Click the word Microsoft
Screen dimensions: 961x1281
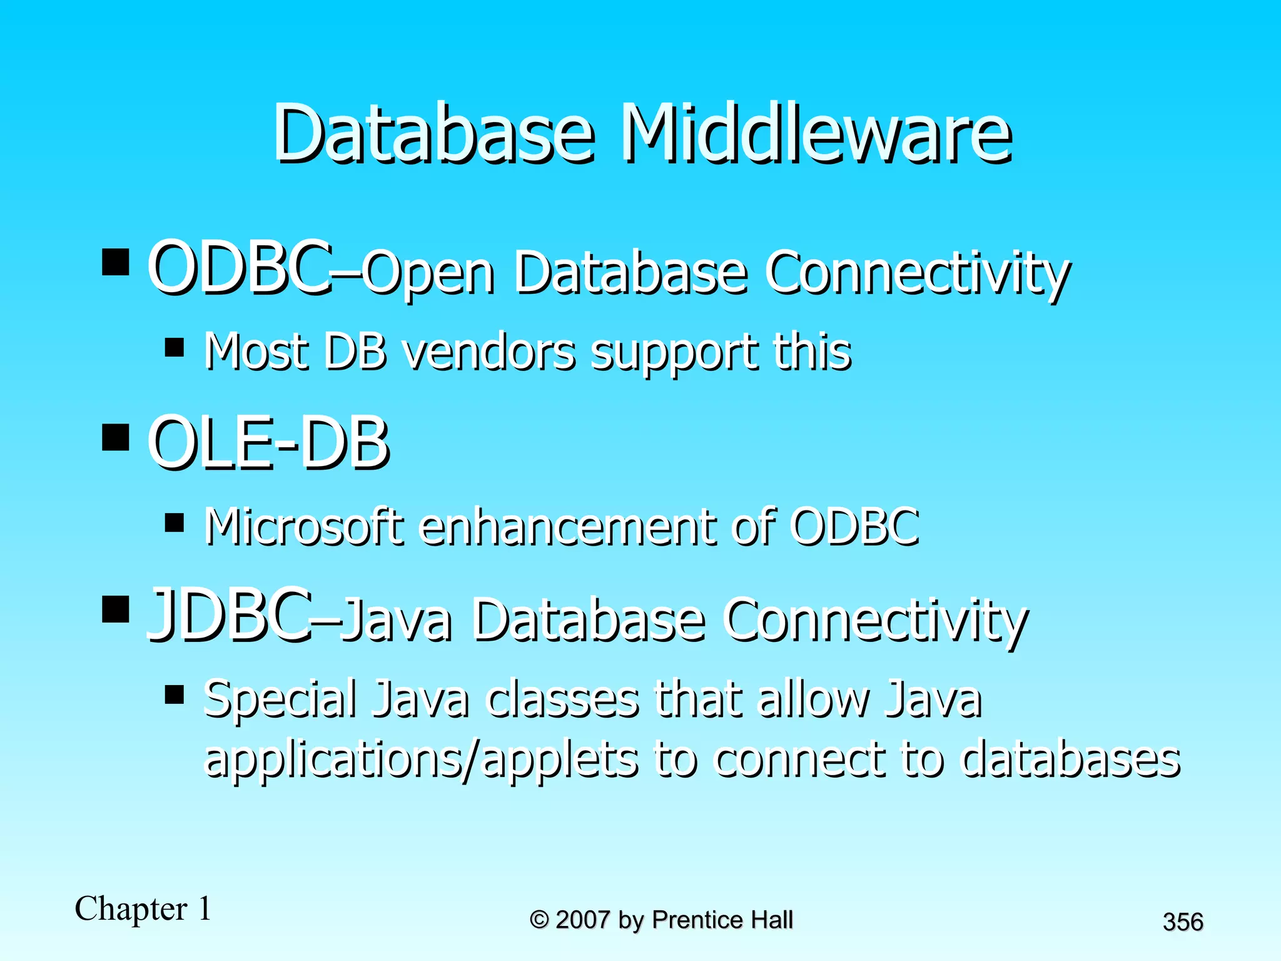click(304, 526)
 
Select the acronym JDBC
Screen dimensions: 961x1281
click(229, 616)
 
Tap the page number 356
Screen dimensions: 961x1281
click(1183, 922)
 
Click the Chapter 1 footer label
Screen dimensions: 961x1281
click(143, 908)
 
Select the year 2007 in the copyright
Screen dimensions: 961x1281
click(582, 920)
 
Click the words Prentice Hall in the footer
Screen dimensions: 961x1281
click(722, 920)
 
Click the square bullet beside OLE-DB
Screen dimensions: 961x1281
click(115, 437)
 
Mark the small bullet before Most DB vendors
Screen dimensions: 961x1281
click(175, 347)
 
